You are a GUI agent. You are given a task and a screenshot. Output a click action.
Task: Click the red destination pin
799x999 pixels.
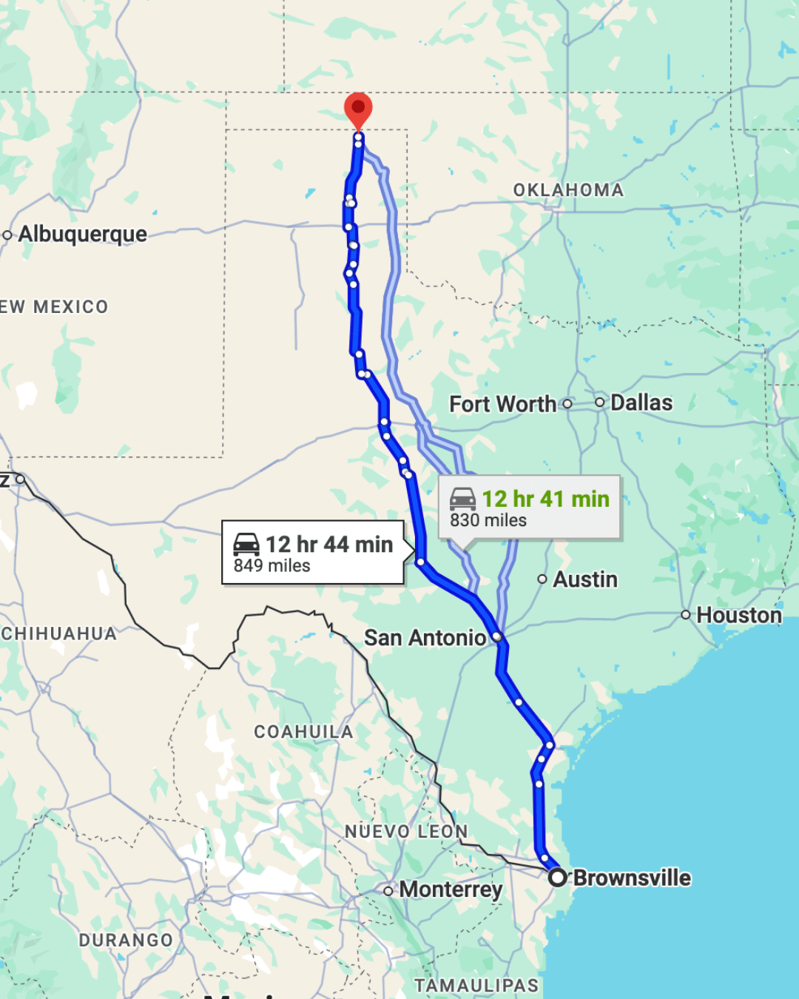click(x=358, y=110)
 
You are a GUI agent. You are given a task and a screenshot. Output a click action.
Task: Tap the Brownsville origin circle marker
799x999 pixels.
click(x=558, y=878)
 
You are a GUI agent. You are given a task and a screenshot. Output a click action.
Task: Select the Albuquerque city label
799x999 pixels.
click(x=82, y=234)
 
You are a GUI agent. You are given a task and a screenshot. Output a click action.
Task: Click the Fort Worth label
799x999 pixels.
click(x=502, y=404)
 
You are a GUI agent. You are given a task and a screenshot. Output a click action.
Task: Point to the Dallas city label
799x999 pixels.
click(x=641, y=403)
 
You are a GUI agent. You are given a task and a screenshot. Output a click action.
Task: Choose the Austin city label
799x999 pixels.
click(x=585, y=579)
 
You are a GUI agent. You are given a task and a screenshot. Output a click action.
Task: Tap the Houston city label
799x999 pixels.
click(x=739, y=615)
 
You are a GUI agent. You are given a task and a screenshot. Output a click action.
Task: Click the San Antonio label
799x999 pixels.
click(x=425, y=637)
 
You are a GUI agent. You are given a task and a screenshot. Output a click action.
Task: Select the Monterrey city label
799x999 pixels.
click(x=451, y=889)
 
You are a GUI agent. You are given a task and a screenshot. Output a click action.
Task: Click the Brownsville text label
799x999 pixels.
click(x=632, y=878)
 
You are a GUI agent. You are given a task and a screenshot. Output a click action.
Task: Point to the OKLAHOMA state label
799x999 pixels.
click(x=568, y=190)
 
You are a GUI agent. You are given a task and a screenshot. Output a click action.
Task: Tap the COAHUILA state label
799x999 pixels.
click(x=303, y=732)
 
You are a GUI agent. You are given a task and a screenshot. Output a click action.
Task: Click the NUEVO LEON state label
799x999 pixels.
click(x=406, y=832)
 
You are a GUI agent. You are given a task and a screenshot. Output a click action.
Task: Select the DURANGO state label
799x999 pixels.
click(x=126, y=940)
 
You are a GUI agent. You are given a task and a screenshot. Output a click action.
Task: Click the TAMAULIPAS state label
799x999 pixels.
click(x=476, y=986)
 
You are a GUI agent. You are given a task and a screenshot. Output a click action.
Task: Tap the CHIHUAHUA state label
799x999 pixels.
click(x=59, y=633)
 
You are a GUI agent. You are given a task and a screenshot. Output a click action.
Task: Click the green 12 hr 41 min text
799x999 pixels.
click(x=546, y=499)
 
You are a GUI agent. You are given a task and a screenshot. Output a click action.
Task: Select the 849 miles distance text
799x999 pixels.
click(x=272, y=566)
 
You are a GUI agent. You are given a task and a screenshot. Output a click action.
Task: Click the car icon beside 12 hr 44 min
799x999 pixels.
click(x=246, y=544)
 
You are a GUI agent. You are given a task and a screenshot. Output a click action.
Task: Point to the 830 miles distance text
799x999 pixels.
click(x=488, y=520)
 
